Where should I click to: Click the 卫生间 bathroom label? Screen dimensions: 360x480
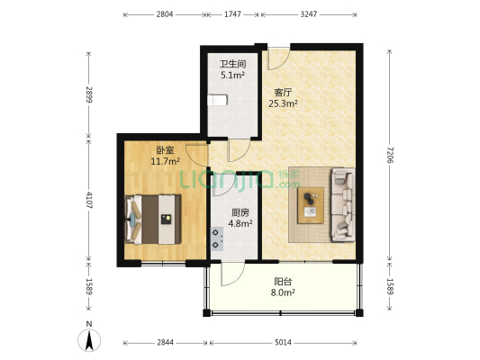click(x=232, y=65)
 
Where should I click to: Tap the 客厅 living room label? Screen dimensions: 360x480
click(x=283, y=92)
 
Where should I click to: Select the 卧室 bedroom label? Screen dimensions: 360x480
click(x=165, y=149)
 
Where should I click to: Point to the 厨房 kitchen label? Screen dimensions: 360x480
click(x=239, y=212)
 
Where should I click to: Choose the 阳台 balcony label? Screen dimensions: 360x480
click(x=282, y=280)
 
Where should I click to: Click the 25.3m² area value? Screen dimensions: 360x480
click(x=283, y=103)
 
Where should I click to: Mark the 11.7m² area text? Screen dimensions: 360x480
click(x=165, y=161)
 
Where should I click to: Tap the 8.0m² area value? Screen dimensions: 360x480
click(x=282, y=292)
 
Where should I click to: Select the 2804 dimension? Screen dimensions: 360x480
click(x=165, y=15)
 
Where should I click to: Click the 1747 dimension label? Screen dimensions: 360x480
click(x=232, y=15)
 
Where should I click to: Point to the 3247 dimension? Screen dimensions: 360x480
click(x=310, y=15)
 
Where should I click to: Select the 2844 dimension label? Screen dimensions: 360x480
click(x=165, y=343)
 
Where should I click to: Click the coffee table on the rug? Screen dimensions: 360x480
click(x=311, y=203)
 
